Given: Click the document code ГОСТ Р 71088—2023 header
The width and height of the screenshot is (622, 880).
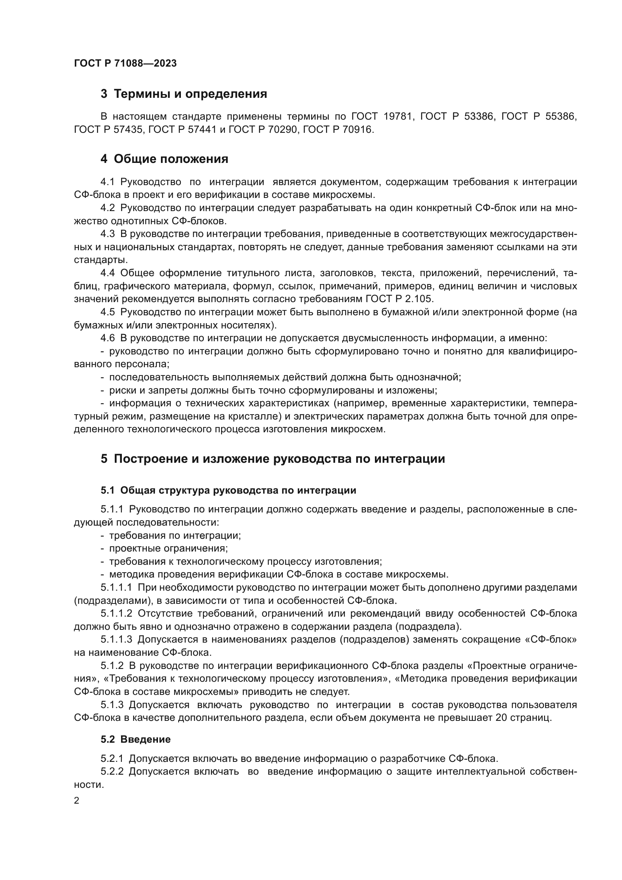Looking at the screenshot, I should tap(125, 63).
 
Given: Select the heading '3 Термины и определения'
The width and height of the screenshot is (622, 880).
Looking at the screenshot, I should tap(184, 94).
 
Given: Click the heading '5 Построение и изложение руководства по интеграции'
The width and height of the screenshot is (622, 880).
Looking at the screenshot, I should tap(273, 459).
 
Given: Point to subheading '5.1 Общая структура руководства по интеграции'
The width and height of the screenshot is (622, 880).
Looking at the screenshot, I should tap(228, 491).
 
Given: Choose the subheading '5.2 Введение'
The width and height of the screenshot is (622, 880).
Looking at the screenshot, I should tap(136, 739).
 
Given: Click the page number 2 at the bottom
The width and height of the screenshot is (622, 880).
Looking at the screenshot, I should tap(77, 801).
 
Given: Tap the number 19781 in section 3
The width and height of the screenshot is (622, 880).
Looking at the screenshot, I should tap(399, 117).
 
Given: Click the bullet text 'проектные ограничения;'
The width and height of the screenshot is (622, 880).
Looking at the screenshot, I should tap(168, 549).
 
